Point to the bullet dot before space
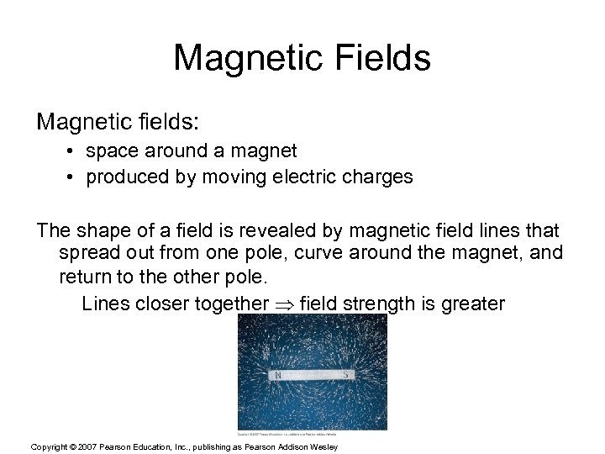tap(76, 152)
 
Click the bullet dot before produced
tap(76, 177)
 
